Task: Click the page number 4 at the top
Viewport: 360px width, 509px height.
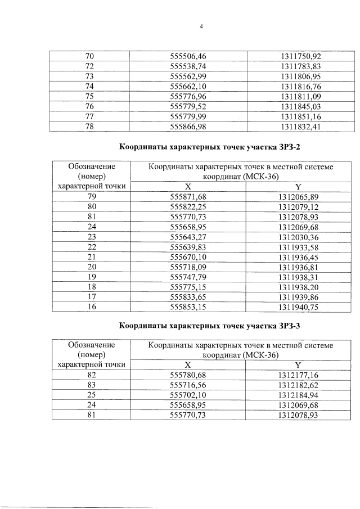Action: [200, 25]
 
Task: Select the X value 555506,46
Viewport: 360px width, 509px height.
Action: [188, 56]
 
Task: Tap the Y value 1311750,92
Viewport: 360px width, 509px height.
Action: [300, 56]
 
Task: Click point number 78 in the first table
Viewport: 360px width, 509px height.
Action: [89, 127]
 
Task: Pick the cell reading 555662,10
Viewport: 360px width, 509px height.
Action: [188, 86]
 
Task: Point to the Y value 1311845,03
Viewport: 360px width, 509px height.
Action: [300, 106]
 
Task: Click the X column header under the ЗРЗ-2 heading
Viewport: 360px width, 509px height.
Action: [188, 187]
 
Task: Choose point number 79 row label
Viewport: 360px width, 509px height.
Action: [89, 196]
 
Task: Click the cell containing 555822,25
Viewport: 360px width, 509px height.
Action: [188, 206]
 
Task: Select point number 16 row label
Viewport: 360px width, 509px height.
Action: [89, 307]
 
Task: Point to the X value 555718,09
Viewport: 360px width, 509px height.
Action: [188, 267]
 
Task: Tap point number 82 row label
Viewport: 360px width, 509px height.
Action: [89, 374]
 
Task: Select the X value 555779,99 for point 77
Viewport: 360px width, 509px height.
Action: [188, 116]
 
